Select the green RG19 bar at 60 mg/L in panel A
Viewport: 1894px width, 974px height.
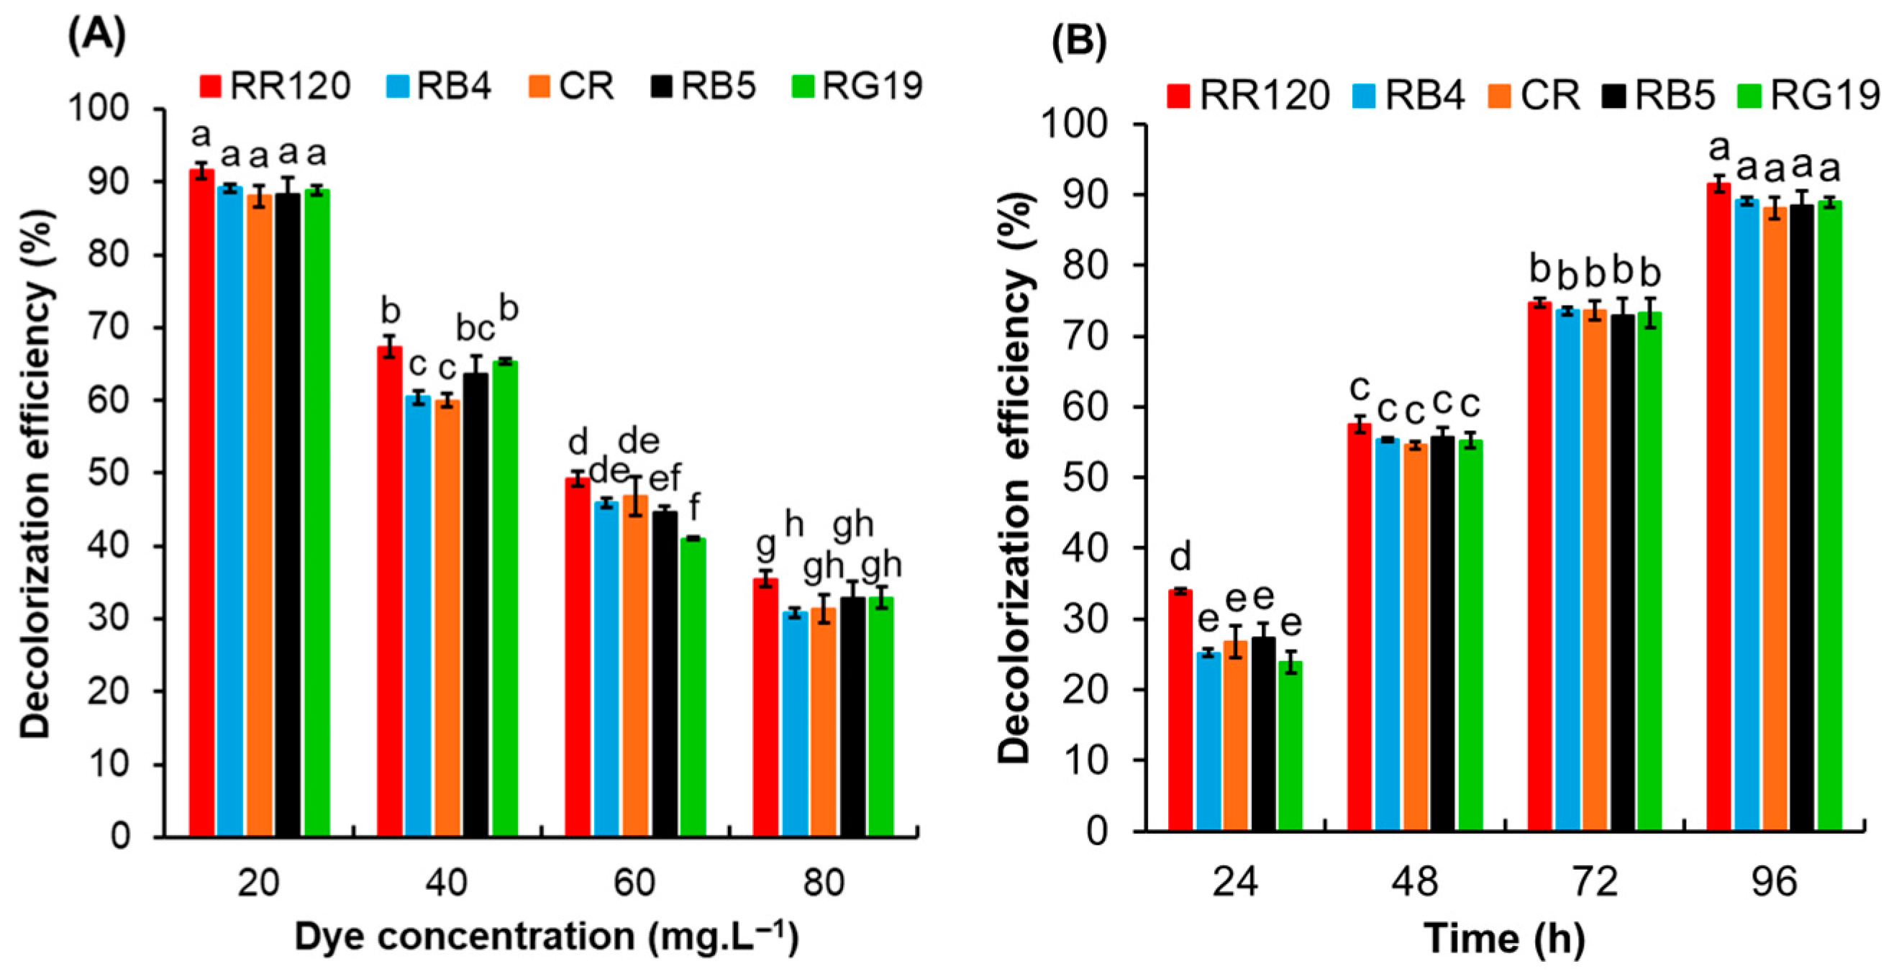point(693,687)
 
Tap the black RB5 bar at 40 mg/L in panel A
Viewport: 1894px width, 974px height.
point(475,605)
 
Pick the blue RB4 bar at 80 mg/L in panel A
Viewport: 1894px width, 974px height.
point(795,724)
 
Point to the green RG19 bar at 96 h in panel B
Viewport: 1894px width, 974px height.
point(1829,516)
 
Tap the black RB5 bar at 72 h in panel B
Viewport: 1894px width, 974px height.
point(1623,573)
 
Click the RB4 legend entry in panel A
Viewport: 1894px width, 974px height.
point(438,87)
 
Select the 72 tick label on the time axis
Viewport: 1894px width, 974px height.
point(1595,882)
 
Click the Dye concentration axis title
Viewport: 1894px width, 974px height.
point(546,937)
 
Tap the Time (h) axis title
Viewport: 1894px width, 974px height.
point(1504,939)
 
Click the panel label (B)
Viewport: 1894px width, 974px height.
point(1078,43)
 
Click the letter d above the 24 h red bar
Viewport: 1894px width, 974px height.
point(1180,557)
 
